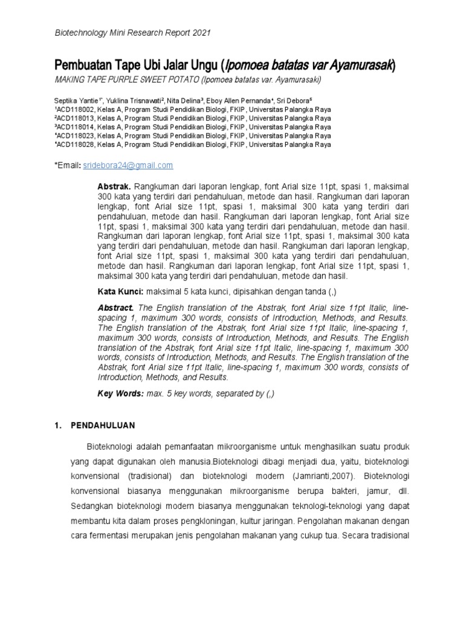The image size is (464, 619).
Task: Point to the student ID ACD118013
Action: pos(74,118)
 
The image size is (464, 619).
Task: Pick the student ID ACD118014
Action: pos(74,128)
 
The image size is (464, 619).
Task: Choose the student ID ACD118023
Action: pos(74,136)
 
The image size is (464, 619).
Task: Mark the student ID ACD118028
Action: pos(74,144)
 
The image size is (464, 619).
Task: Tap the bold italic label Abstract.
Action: pos(115,308)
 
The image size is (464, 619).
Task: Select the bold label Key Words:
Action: pos(119,394)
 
